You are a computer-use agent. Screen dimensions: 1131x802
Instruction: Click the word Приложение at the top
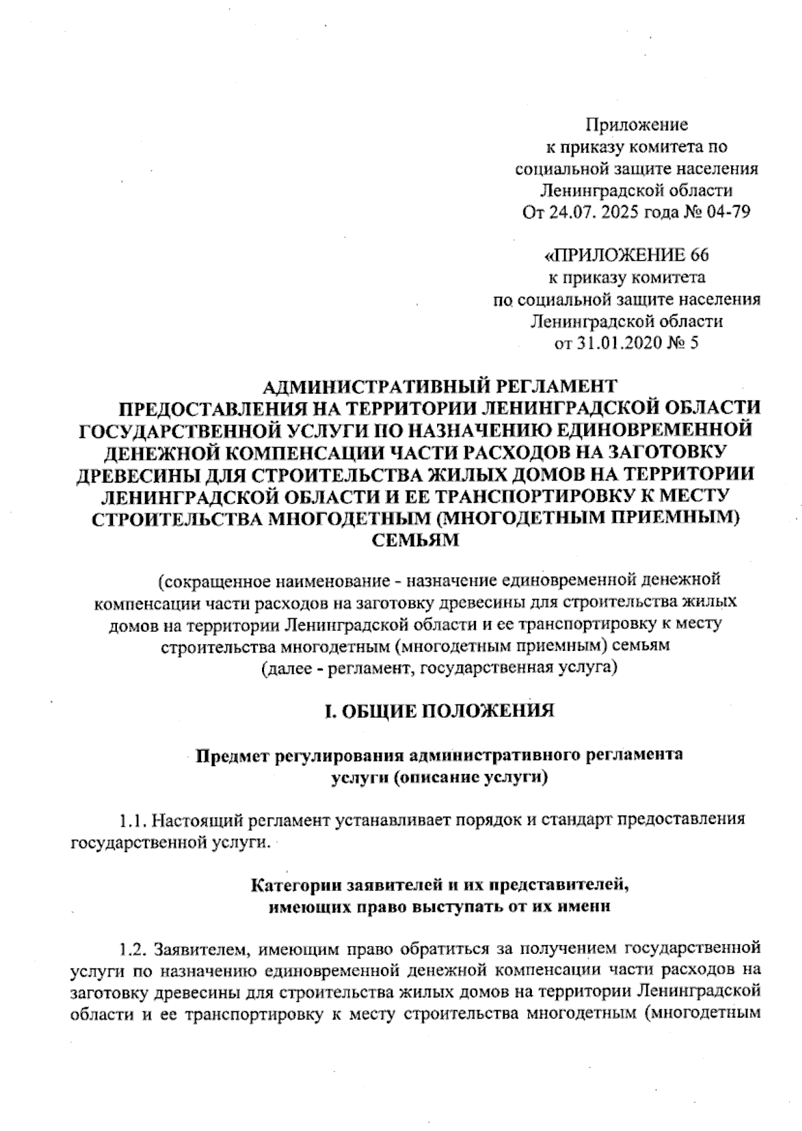click(x=637, y=125)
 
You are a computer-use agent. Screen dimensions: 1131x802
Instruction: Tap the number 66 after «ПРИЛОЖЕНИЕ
click(x=696, y=256)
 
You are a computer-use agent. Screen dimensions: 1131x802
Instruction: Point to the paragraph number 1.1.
click(x=132, y=820)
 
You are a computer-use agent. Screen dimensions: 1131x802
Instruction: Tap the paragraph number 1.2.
click(x=132, y=949)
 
